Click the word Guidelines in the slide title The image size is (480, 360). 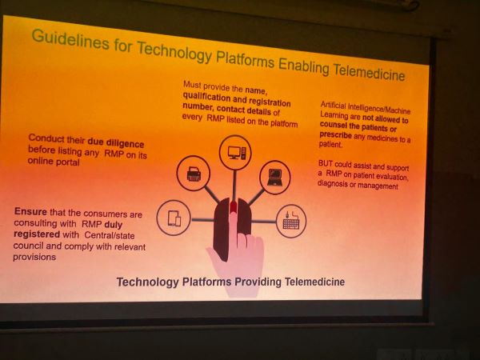pyautogui.click(x=70, y=39)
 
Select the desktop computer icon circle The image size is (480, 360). pyautogui.click(x=235, y=152)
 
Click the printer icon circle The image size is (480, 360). pyautogui.click(x=194, y=174)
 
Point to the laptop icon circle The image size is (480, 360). pyautogui.click(x=275, y=178)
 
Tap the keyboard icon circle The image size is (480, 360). pyautogui.click(x=291, y=221)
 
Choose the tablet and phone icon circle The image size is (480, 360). pyautogui.click(x=174, y=218)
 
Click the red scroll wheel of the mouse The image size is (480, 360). pyautogui.click(x=234, y=206)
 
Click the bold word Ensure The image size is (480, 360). pyautogui.click(x=30, y=211)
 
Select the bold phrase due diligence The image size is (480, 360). pyautogui.click(x=116, y=143)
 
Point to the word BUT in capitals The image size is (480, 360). pyautogui.click(x=325, y=163)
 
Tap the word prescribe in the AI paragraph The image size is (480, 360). pyautogui.click(x=335, y=135)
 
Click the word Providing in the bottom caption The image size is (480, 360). pyautogui.click(x=258, y=282)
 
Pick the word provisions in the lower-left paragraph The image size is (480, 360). pyautogui.click(x=34, y=257)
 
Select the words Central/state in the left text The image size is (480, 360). pyautogui.click(x=110, y=235)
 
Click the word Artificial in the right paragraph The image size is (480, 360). pyautogui.click(x=333, y=105)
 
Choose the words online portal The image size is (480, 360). pyautogui.click(x=54, y=162)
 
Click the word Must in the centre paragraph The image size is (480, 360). pyautogui.click(x=192, y=85)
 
